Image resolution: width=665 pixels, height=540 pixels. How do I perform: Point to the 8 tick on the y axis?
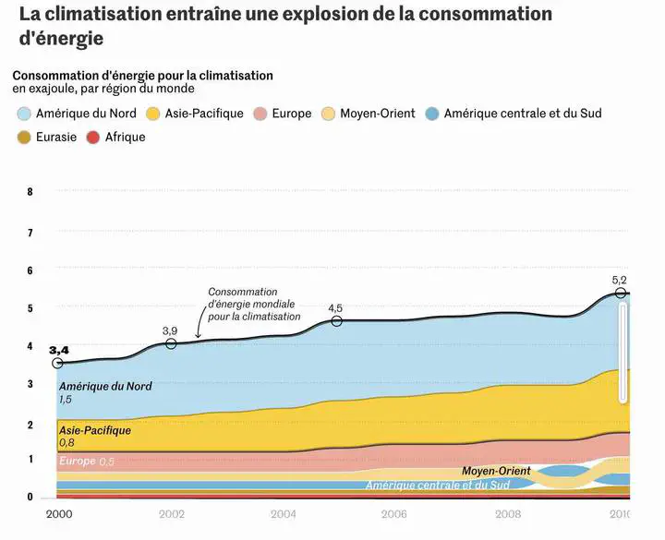point(30,192)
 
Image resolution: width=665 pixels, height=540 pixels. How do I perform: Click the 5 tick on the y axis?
point(30,308)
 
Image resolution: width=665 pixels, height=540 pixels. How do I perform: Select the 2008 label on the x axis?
point(507,514)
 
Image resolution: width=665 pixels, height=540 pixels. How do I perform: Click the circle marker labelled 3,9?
point(171,343)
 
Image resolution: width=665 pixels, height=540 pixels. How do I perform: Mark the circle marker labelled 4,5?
point(336,320)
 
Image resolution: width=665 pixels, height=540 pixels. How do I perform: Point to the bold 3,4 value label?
point(59,350)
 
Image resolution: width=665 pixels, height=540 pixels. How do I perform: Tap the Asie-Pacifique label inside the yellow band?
point(95,430)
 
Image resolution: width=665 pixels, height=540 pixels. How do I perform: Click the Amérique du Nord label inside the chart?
point(104,387)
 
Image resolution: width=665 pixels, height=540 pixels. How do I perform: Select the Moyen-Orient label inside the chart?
point(496,471)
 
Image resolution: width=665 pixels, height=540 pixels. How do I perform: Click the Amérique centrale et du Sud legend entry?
point(522,114)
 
